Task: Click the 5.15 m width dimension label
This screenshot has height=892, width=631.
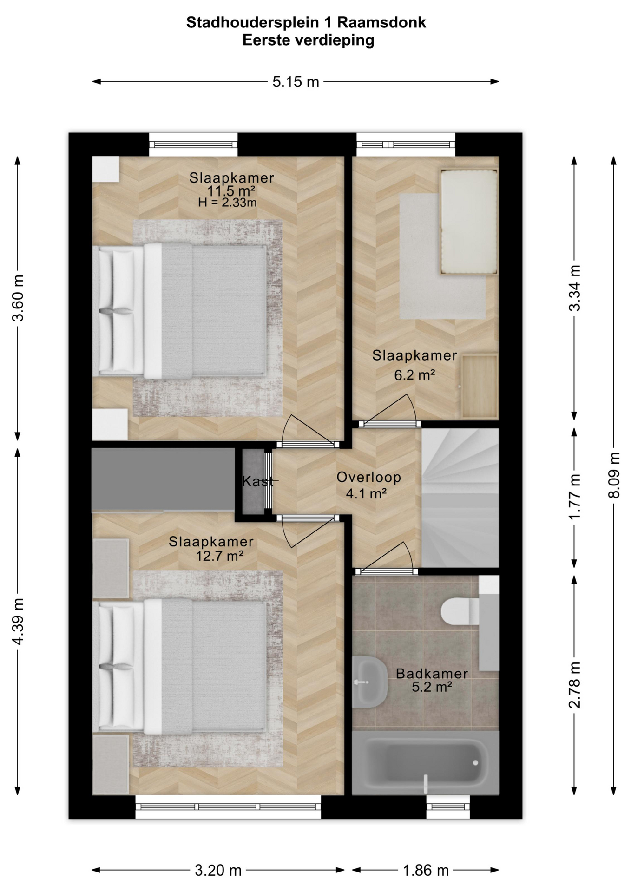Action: pos(296,82)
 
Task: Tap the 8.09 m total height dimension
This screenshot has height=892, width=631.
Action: pos(614,475)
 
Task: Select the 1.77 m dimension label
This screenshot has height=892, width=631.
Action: pos(575,497)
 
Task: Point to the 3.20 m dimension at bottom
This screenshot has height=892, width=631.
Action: pos(218,870)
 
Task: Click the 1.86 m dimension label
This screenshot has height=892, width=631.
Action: pos(426,870)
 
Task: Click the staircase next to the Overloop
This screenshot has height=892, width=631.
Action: pos(460,498)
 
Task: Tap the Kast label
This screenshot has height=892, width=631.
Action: pos(258,481)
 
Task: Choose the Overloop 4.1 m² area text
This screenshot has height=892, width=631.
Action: pos(368,485)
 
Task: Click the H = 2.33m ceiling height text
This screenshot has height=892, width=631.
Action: pos(227,203)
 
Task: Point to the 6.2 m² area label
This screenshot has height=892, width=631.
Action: pos(414,375)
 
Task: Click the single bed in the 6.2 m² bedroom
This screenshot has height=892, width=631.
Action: pos(469,222)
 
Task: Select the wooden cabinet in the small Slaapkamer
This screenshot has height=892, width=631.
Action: pos(480,387)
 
